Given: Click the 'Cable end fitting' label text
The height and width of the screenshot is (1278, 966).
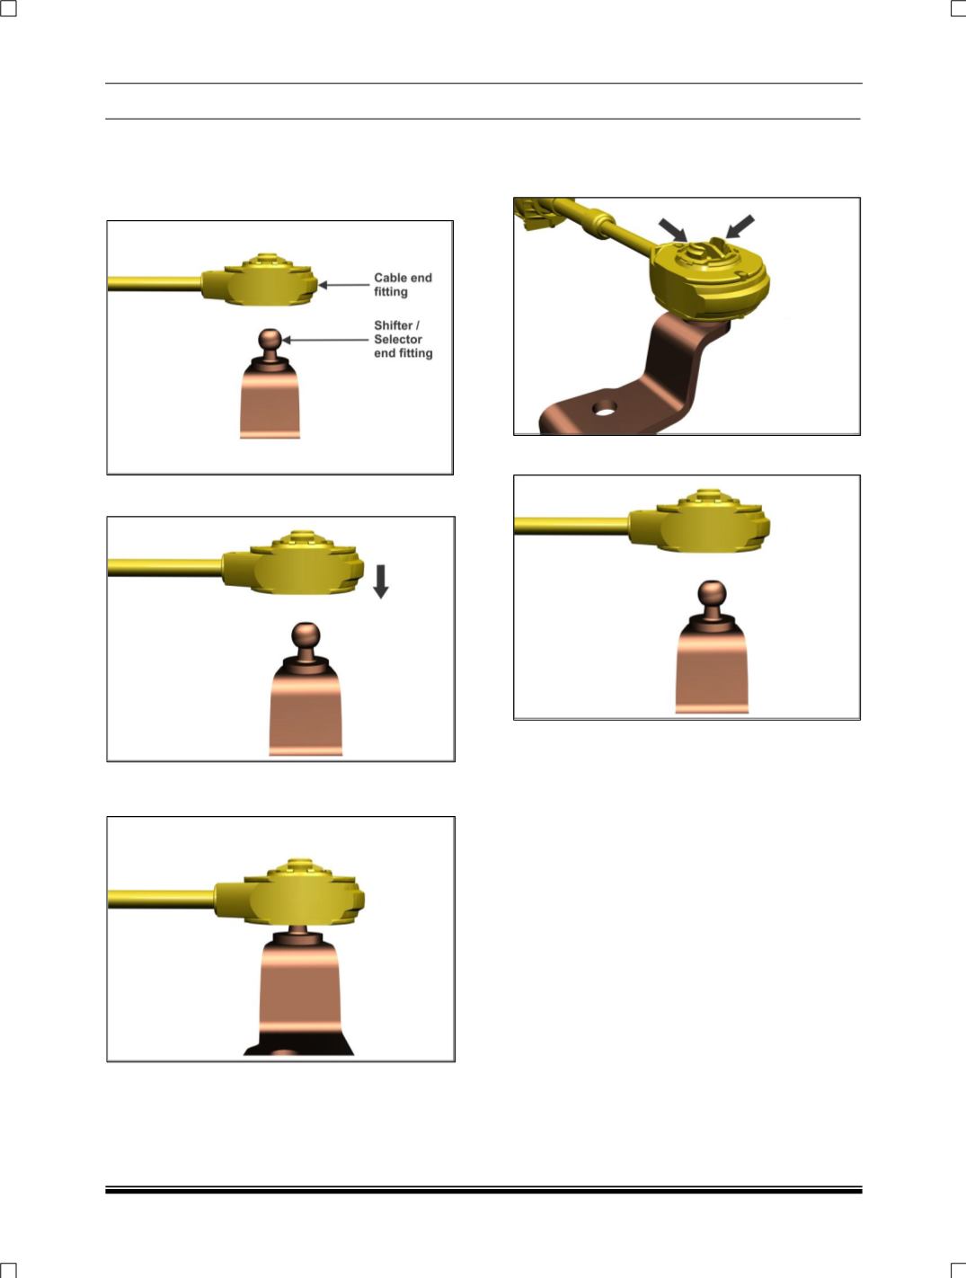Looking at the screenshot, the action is pyautogui.click(x=403, y=285).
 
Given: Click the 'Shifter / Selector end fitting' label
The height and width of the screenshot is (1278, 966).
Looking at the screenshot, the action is pyautogui.click(x=403, y=340).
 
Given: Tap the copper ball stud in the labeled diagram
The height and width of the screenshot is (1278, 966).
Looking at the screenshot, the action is pyautogui.click(x=270, y=338).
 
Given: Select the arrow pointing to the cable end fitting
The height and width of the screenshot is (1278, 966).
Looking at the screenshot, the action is pyautogui.click(x=343, y=285).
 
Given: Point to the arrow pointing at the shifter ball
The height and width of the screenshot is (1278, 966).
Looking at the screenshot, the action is pyautogui.click(x=324, y=340).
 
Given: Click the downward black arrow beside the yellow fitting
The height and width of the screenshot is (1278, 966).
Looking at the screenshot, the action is pyautogui.click(x=381, y=581).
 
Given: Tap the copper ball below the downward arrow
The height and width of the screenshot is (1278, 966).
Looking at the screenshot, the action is pyautogui.click(x=306, y=635).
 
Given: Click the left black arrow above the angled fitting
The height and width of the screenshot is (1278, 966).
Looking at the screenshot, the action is pyautogui.click(x=673, y=229).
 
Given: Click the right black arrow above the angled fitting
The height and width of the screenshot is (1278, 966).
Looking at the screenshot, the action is pyautogui.click(x=740, y=226).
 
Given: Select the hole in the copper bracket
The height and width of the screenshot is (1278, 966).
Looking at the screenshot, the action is pyautogui.click(x=605, y=408).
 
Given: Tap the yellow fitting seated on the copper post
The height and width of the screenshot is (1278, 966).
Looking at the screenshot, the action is pyautogui.click(x=289, y=892).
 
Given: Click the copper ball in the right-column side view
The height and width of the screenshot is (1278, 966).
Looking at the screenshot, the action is pyautogui.click(x=713, y=594).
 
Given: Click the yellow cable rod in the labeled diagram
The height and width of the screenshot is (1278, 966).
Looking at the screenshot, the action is pyautogui.click(x=155, y=283).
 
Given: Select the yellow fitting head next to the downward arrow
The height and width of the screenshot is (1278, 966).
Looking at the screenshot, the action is pyautogui.click(x=293, y=562).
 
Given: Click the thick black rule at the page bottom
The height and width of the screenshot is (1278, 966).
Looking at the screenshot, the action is pyautogui.click(x=483, y=1191).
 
